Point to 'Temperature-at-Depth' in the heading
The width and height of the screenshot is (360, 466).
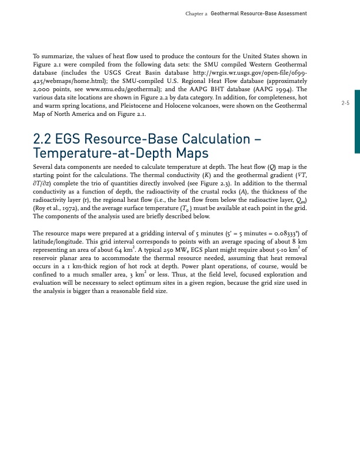[101, 154]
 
